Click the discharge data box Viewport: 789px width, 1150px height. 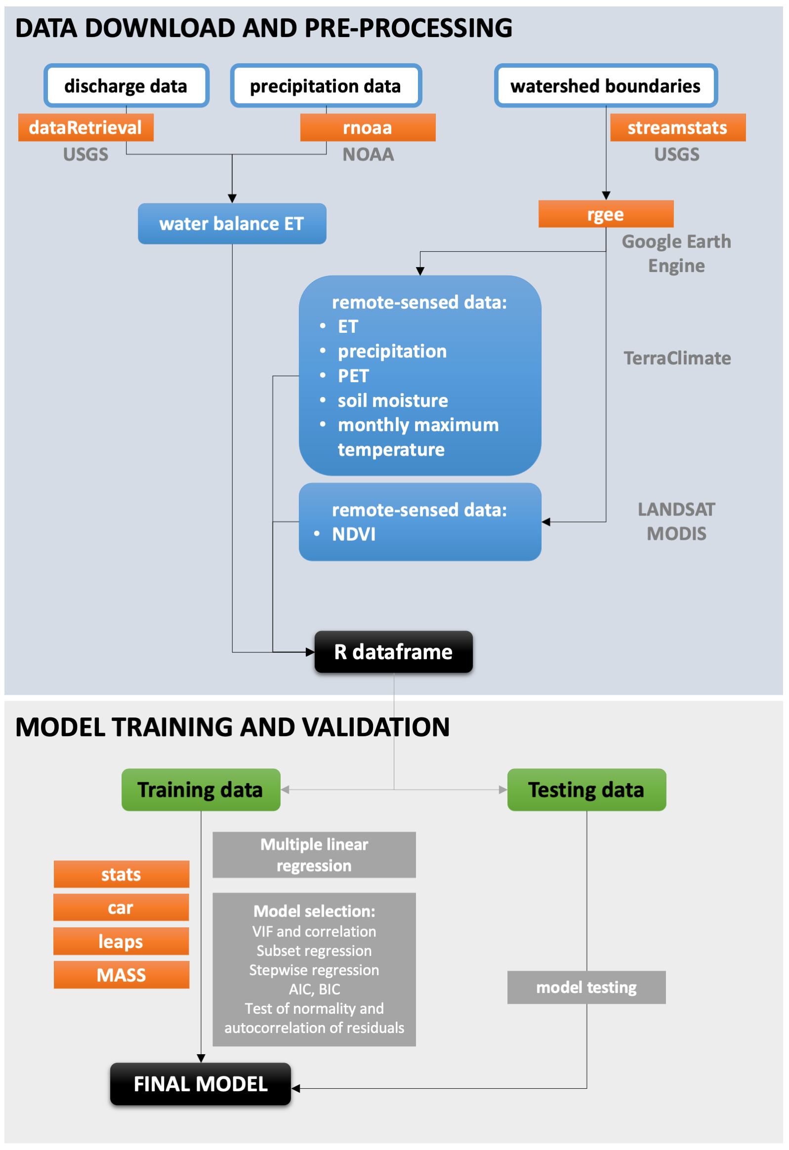126,85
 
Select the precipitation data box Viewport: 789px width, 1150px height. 326,85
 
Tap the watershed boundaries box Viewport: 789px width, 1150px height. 605,85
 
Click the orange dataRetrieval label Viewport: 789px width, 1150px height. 85,128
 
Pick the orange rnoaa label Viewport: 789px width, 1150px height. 367,128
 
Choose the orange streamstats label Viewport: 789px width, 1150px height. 677,128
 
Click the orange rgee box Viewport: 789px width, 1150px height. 605,214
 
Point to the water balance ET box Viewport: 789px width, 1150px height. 232,224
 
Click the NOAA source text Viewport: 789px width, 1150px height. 368,155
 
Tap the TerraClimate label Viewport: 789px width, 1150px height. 677,358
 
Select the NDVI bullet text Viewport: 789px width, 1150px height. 353,534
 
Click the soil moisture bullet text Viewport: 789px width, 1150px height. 392,400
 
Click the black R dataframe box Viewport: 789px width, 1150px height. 393,652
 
